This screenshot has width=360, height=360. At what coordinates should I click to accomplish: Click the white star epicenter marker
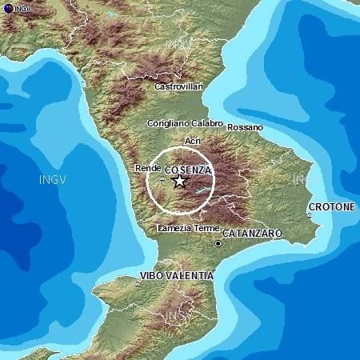[x=179, y=181]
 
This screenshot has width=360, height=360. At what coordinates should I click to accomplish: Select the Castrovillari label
[x=178, y=85]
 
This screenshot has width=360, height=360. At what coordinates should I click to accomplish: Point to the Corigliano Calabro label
[x=183, y=124]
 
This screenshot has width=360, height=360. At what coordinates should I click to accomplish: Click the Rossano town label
[x=244, y=127]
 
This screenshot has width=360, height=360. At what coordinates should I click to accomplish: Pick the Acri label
[x=193, y=141]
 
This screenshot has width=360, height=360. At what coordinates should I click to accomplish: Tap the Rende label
[x=147, y=169]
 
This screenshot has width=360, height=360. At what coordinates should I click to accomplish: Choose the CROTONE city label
[x=333, y=206]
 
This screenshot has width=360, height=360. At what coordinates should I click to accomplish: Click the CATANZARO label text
[x=251, y=233]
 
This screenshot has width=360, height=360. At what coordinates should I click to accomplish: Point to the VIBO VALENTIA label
[x=177, y=275]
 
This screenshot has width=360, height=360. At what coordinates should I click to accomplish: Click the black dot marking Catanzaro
[x=217, y=243]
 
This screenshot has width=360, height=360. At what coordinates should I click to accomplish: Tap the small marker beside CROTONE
[x=310, y=214]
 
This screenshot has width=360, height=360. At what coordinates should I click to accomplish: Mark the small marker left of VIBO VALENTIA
[x=138, y=282]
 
